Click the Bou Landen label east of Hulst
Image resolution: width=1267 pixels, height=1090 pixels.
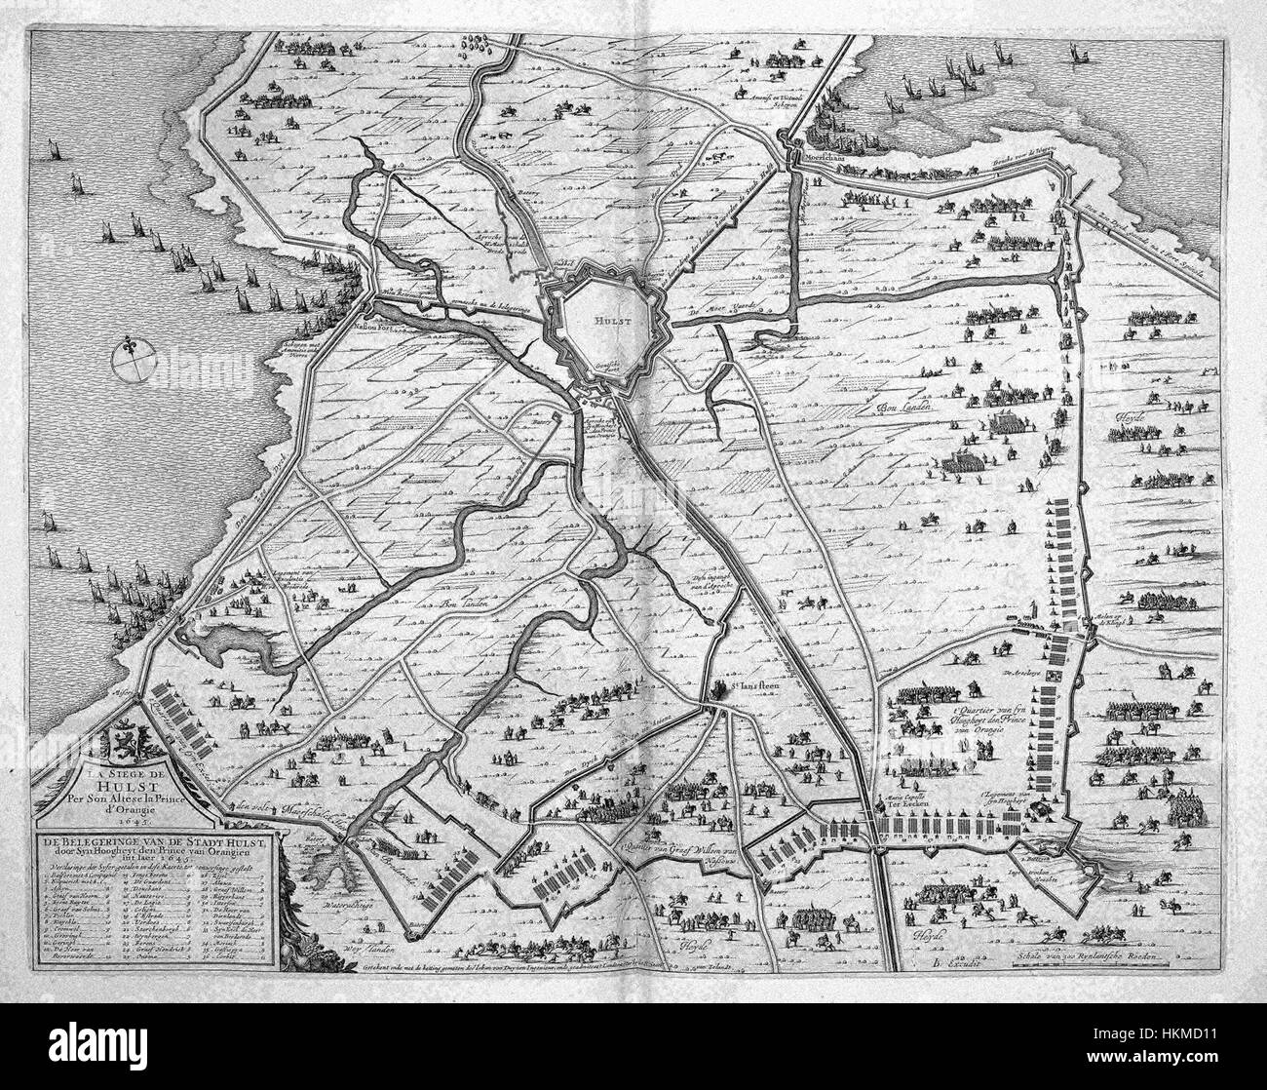coord(906,407)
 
